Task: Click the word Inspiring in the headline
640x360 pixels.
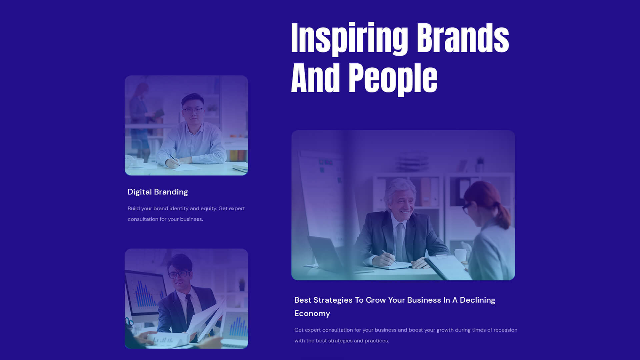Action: (x=349, y=39)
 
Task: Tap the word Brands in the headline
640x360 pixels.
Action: (x=463, y=37)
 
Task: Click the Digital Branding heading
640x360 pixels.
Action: (x=158, y=192)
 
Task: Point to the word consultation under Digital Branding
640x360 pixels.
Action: (x=143, y=219)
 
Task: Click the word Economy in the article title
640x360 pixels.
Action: (x=312, y=314)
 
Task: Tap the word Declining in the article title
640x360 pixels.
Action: (x=477, y=300)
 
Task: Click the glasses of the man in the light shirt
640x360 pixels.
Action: (x=192, y=110)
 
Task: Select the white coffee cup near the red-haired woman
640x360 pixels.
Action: (x=461, y=255)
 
